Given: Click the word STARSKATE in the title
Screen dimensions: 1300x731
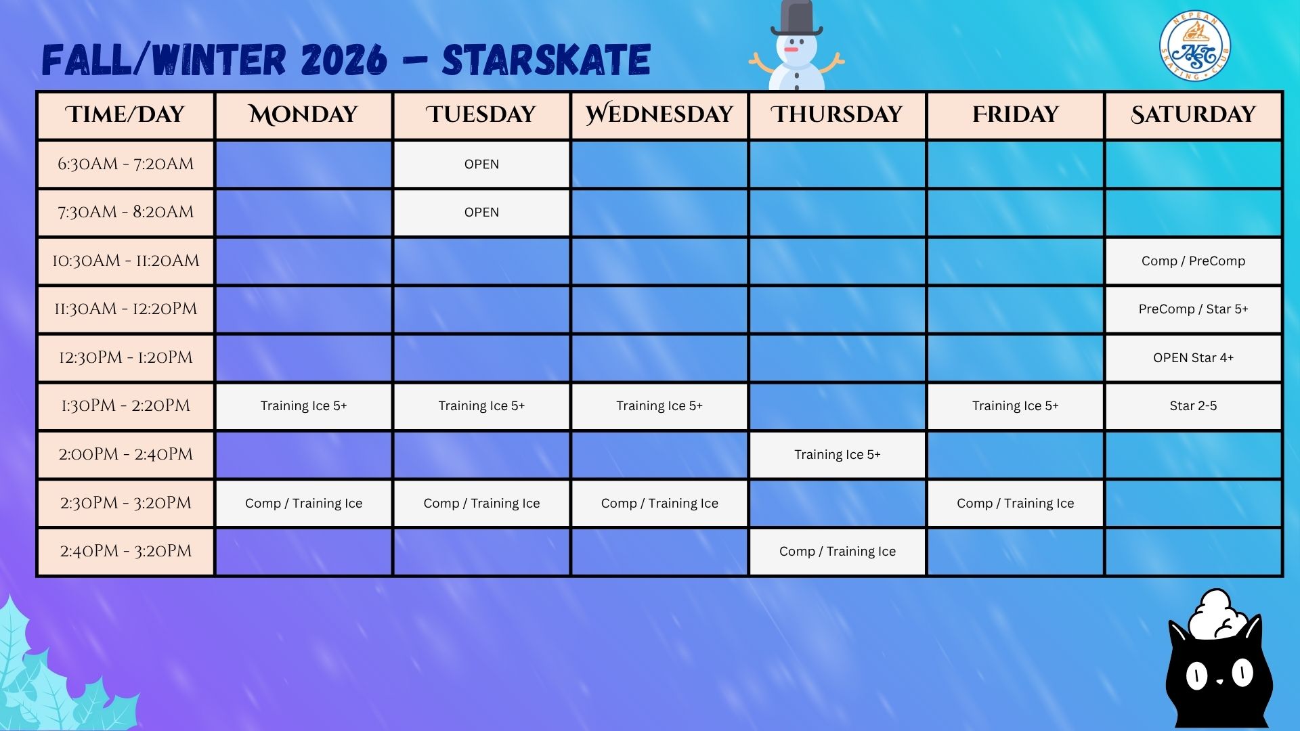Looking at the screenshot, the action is [546, 60].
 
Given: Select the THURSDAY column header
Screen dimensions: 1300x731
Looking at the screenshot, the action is [838, 114].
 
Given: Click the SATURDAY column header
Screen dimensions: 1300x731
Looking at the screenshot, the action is [1194, 114].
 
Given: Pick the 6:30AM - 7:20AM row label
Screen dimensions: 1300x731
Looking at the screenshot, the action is [126, 164].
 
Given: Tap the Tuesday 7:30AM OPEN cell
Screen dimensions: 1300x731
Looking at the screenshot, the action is [481, 213].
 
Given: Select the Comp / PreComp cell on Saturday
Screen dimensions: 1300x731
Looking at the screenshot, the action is [1194, 261].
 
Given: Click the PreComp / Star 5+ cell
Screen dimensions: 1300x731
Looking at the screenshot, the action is [1194, 309].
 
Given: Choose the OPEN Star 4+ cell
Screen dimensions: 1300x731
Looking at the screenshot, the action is [1194, 358].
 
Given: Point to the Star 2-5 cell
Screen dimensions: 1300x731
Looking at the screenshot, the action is [1194, 406].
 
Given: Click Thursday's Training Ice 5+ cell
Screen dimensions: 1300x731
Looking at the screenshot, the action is [838, 455].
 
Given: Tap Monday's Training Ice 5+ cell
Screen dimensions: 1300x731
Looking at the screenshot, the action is [303, 406].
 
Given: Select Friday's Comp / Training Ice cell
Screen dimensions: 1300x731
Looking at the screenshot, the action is [1016, 503].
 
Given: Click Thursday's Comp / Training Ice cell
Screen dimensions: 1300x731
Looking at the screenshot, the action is [838, 552].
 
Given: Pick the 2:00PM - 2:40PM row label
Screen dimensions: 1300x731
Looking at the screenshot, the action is [126, 455].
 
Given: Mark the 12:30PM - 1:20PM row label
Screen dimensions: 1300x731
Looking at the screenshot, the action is [126, 358].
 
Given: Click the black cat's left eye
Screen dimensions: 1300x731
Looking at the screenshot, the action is [1197, 676].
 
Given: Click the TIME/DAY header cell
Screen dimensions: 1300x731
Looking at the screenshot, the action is [126, 114].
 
